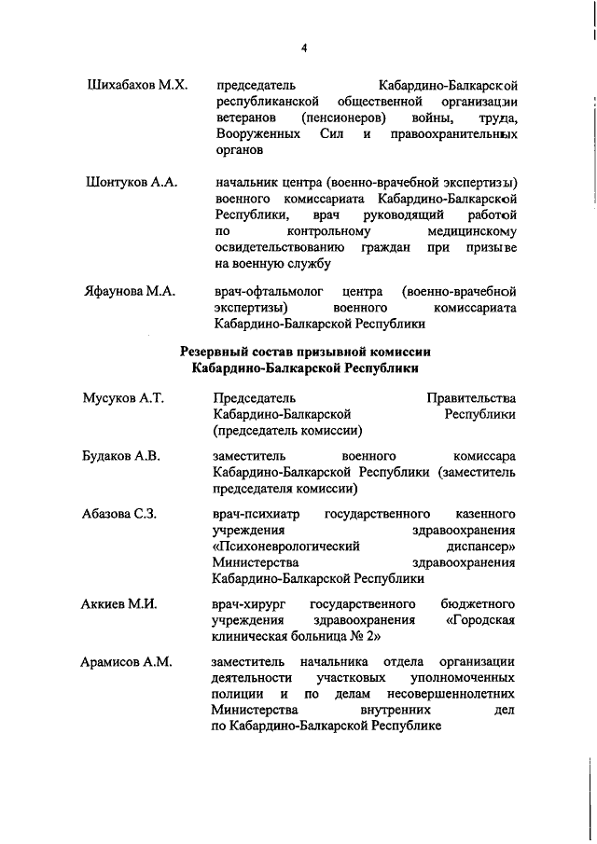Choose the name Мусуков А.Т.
tap(123, 398)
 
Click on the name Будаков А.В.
tap(121, 455)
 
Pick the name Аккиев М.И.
tap(119, 603)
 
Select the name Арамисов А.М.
tap(128, 661)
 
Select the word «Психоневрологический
tap(285, 546)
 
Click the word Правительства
tap(470, 398)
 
